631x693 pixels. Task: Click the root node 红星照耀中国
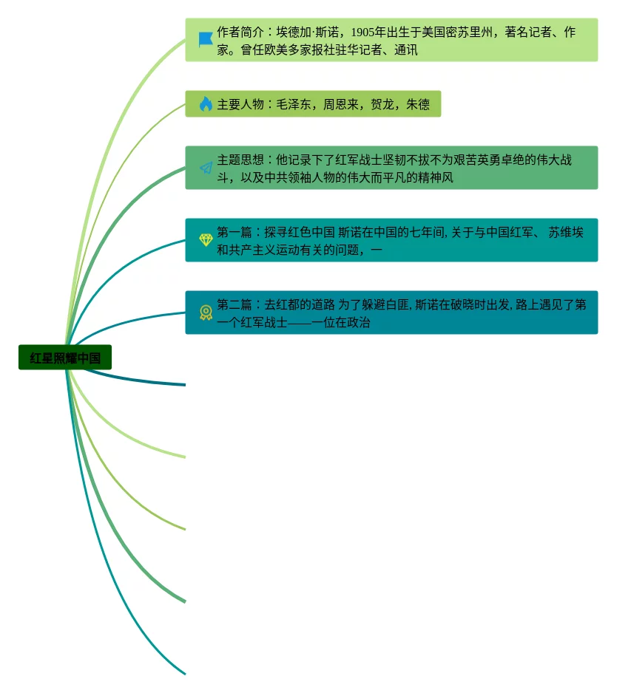click(65, 358)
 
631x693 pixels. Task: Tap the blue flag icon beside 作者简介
click(206, 39)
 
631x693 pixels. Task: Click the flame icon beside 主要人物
click(206, 104)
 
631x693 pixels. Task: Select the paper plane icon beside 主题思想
click(206, 168)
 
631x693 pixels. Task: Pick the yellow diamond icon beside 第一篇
click(206, 240)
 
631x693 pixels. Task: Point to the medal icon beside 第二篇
click(206, 313)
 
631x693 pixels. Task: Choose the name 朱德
click(418, 105)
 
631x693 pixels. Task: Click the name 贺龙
click(382, 105)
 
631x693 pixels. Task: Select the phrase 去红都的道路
click(300, 304)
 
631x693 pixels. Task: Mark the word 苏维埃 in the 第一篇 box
click(566, 233)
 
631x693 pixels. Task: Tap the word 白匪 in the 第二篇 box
click(397, 304)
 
